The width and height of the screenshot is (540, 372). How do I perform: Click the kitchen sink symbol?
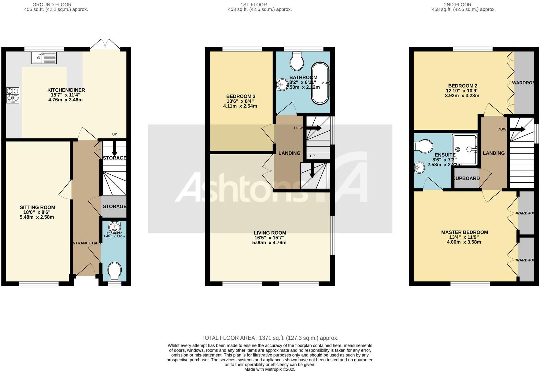(44, 58)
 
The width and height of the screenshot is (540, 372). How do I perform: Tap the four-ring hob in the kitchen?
(13, 95)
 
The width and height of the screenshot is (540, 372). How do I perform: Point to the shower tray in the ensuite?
(465, 150)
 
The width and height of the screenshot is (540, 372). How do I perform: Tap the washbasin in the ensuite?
(419, 167)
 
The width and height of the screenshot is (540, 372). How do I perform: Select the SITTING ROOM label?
(37, 207)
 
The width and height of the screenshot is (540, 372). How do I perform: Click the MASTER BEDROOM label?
(464, 232)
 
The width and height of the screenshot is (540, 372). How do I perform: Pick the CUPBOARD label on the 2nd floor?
(466, 178)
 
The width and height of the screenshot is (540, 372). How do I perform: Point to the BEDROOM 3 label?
(241, 96)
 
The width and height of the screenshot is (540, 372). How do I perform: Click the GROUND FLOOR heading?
(52, 5)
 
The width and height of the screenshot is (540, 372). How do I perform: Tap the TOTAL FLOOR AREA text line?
(270, 338)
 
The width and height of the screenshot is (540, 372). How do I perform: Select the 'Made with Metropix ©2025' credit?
(270, 369)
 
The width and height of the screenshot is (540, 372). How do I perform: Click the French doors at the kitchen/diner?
(105, 44)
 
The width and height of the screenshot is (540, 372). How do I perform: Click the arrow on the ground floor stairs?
(114, 149)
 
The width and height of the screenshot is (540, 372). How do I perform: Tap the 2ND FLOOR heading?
(457, 5)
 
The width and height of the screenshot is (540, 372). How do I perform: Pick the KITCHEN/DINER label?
(66, 90)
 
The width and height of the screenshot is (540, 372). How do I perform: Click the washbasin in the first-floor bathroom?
(281, 85)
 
